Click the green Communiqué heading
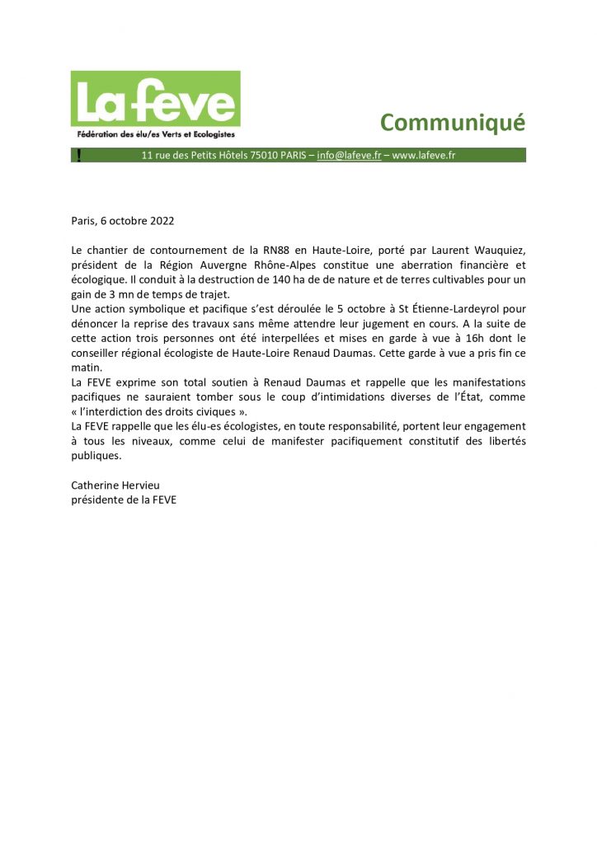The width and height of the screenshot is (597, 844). [452, 122]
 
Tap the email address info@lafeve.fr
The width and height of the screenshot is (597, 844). [349, 155]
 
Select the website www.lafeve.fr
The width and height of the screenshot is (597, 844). [424, 155]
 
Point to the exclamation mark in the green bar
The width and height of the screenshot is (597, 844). [78, 155]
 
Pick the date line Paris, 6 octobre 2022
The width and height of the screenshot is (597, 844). [123, 221]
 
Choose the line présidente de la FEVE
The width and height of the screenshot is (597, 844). [124, 499]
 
